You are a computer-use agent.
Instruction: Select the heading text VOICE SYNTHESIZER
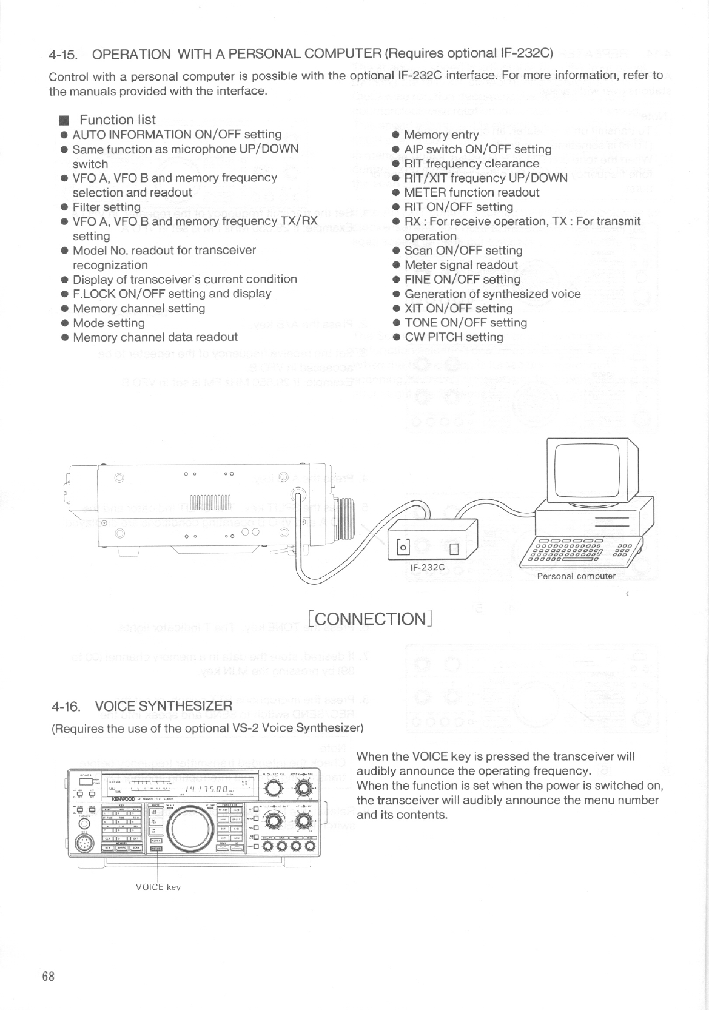point(164,706)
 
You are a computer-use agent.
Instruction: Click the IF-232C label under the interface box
point(428,567)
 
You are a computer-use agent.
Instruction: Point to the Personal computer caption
point(576,576)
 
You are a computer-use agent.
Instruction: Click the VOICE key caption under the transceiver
point(158,887)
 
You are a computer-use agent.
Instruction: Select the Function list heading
point(117,120)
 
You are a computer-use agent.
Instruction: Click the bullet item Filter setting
point(107,207)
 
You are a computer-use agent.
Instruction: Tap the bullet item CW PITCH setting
point(454,337)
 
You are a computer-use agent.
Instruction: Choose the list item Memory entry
point(441,135)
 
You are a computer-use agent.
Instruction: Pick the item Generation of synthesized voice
point(492,294)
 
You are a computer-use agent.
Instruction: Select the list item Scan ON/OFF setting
point(463,251)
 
